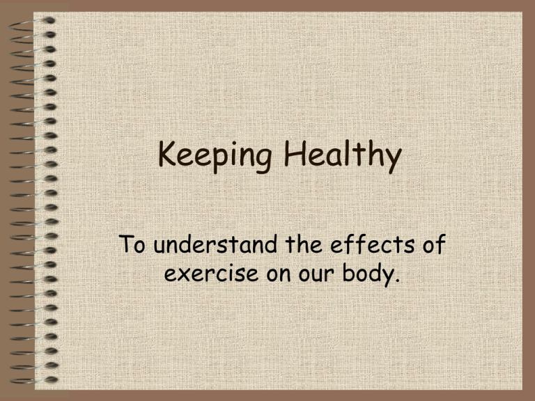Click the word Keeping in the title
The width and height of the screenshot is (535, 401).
pos(215,155)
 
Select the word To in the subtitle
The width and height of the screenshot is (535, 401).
pos(132,244)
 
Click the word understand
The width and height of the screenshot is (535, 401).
pos(215,244)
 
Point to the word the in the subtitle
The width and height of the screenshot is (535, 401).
pos(304,244)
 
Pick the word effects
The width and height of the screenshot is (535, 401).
pos(373,244)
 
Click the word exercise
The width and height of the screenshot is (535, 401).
pos(211,273)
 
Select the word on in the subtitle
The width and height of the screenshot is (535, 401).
pos(279,274)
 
